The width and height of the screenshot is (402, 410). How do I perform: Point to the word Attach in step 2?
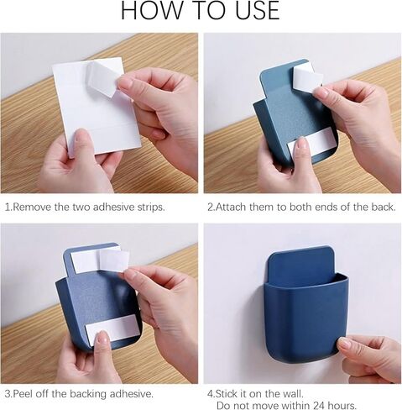tap(232, 208)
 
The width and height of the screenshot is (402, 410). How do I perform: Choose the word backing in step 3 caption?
tap(88, 394)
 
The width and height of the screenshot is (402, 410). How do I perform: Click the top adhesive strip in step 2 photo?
tap(307, 76)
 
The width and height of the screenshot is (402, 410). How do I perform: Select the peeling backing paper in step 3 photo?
tap(114, 260)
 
